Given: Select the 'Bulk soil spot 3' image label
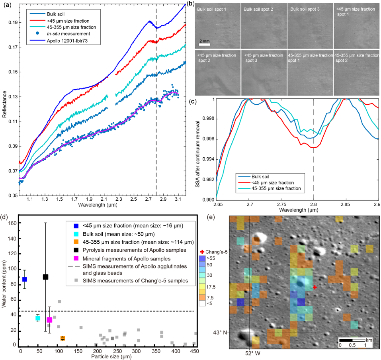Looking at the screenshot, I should click(x=305, y=8).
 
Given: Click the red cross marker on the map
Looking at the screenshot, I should click(x=315, y=287).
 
